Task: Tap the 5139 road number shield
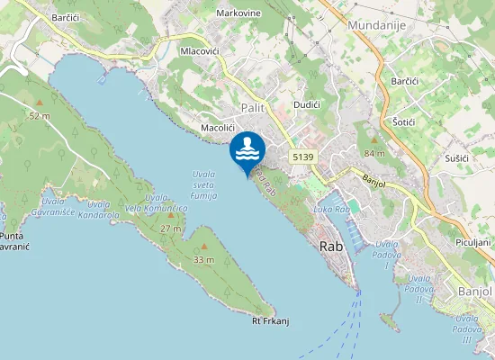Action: coord(303,157)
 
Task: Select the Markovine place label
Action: coord(238,13)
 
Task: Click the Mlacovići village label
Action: coord(200,52)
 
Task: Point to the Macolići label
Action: coord(218,128)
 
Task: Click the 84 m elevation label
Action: coord(374,153)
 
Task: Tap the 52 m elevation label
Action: coord(39,116)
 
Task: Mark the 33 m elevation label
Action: coord(204,259)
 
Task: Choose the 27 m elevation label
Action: coord(171,229)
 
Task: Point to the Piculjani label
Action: coord(472,242)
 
